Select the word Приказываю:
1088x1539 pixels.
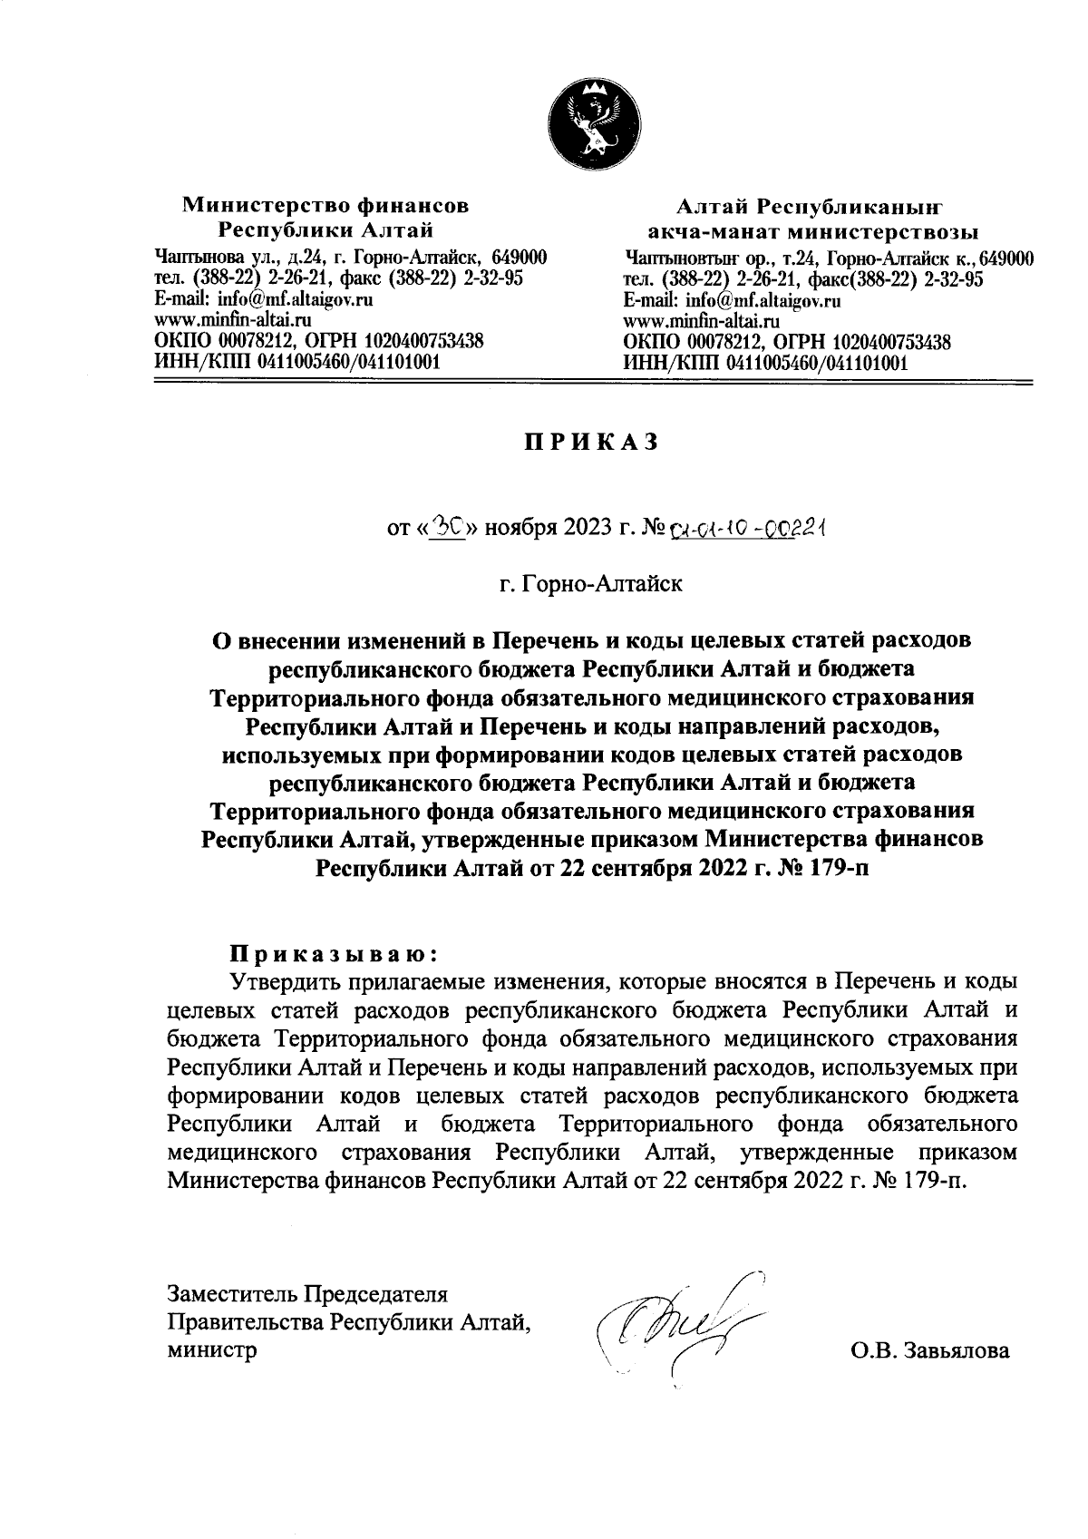pyautogui.click(x=333, y=954)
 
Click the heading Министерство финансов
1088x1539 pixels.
pyautogui.click(x=326, y=205)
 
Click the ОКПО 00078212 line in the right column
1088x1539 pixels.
pyautogui.click(x=786, y=342)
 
